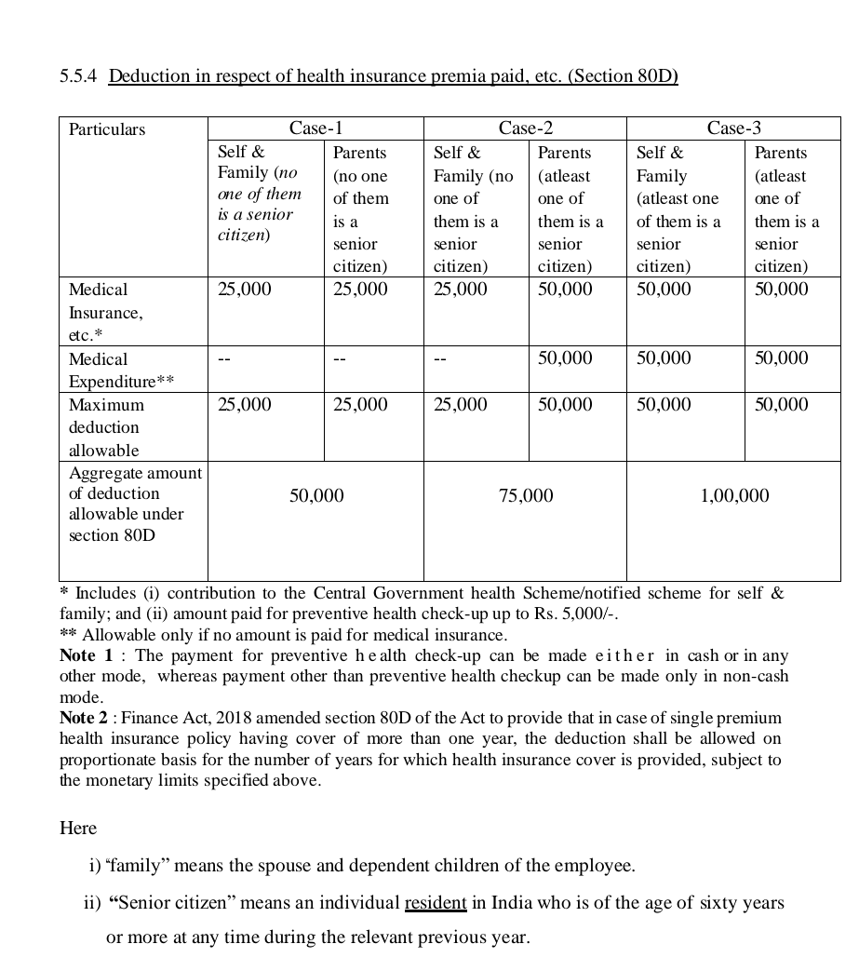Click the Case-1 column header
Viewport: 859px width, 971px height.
tap(315, 128)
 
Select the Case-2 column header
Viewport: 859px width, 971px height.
tap(525, 128)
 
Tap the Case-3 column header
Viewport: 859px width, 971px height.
tap(733, 128)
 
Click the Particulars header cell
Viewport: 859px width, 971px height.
tap(107, 129)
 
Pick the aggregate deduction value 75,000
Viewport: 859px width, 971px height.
tap(525, 496)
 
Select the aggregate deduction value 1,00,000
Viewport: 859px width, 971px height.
tap(733, 496)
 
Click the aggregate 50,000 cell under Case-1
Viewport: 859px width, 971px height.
tap(315, 496)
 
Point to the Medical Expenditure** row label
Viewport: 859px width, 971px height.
tap(121, 370)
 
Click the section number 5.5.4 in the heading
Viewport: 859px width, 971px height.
tap(79, 76)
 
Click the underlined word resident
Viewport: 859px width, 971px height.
tap(435, 903)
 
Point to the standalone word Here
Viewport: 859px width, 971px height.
tap(78, 828)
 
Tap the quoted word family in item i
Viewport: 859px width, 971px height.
tap(140, 866)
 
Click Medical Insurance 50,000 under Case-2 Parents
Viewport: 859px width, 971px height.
tap(565, 290)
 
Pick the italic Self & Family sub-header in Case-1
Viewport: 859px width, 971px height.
tap(259, 193)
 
